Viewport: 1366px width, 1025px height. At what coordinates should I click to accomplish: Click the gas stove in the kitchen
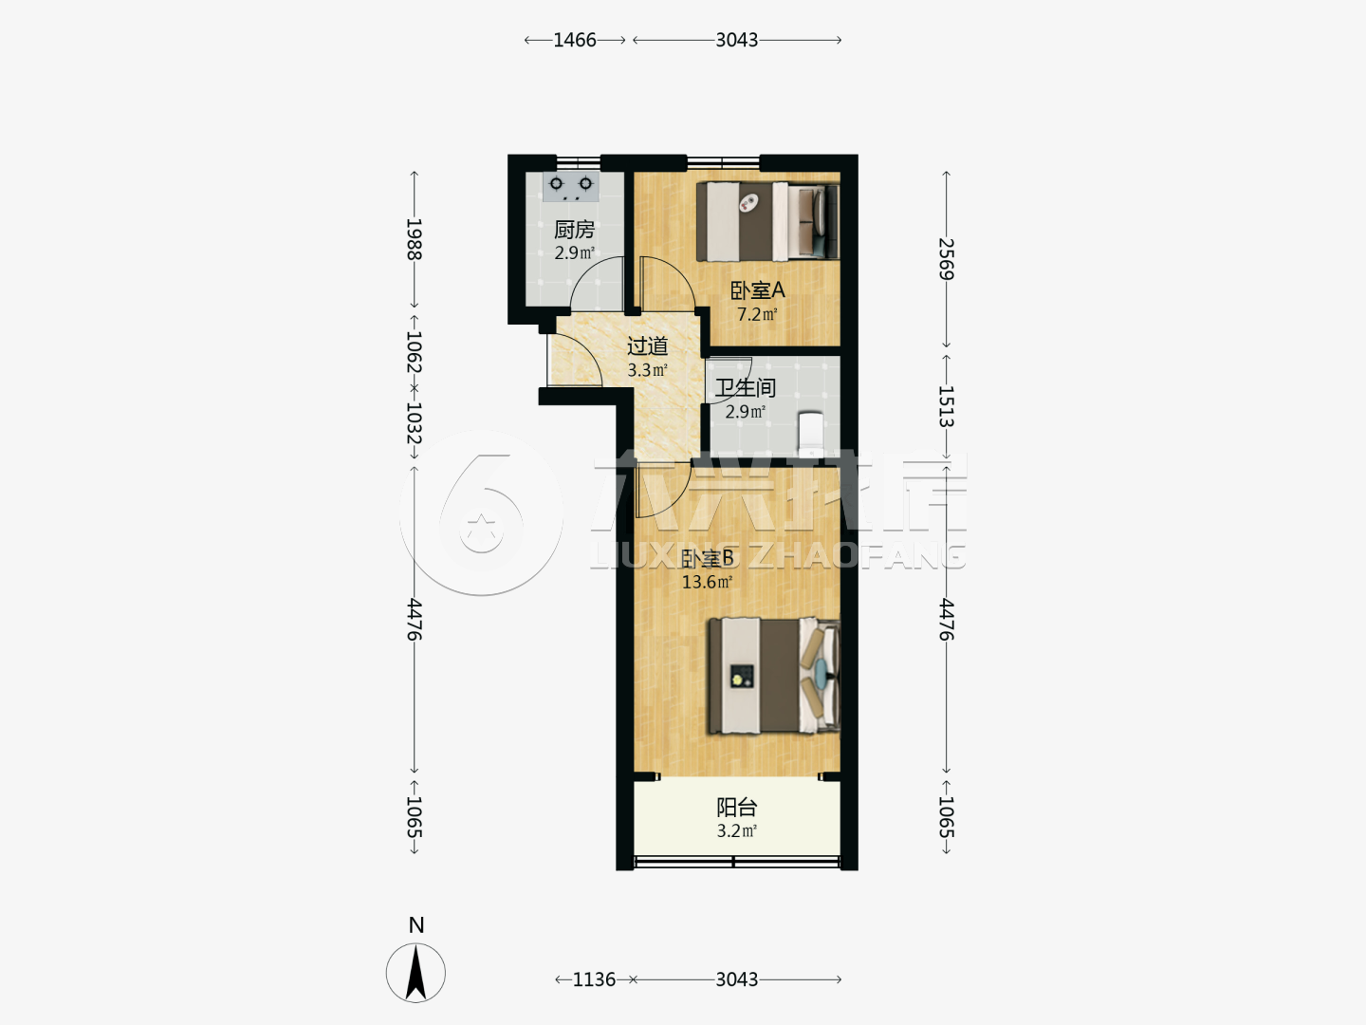click(571, 187)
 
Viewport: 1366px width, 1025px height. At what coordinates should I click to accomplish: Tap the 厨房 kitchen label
click(575, 230)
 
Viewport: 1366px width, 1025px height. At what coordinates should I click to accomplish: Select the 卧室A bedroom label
click(757, 290)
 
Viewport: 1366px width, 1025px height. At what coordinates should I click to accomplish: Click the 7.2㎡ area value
click(757, 314)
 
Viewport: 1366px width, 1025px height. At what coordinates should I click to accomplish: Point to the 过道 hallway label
click(647, 346)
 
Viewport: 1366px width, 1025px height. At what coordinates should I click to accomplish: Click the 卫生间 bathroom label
click(745, 388)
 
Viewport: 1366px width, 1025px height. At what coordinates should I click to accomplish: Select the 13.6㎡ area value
click(707, 583)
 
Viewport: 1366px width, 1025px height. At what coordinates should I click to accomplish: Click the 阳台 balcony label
click(737, 807)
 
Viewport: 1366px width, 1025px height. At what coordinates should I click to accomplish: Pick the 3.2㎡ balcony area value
click(737, 831)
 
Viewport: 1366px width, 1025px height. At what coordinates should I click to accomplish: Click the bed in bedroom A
click(768, 221)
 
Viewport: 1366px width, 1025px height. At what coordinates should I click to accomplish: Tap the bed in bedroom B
click(774, 676)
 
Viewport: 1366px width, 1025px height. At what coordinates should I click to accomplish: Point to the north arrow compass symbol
click(415, 973)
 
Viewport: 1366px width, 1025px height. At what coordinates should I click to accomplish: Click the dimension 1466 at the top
click(575, 40)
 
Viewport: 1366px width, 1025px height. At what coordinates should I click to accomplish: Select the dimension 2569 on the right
click(946, 259)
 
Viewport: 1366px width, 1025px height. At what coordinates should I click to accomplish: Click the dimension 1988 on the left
click(415, 239)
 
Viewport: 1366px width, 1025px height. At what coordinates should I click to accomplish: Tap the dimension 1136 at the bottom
click(595, 979)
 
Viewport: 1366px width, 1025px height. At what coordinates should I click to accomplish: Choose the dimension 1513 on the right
click(946, 406)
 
